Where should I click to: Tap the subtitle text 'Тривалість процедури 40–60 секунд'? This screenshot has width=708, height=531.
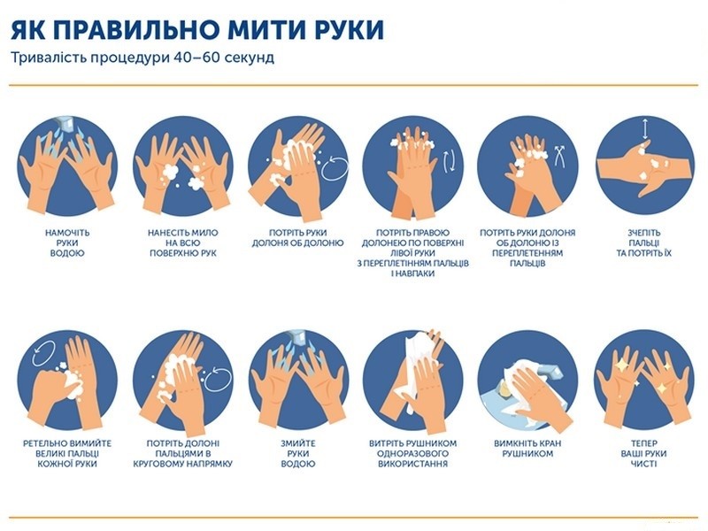(142, 58)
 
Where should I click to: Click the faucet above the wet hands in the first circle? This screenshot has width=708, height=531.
(65, 123)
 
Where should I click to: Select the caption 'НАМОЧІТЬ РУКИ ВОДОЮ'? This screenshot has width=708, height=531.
(67, 242)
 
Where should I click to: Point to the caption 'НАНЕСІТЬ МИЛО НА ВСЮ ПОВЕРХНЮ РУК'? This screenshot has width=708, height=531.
(183, 242)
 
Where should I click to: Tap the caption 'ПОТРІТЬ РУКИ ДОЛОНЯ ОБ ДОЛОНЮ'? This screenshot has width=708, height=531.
(298, 238)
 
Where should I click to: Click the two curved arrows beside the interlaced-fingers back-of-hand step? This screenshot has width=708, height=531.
(450, 161)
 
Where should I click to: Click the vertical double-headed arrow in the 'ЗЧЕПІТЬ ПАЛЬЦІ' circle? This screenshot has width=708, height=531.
(645, 128)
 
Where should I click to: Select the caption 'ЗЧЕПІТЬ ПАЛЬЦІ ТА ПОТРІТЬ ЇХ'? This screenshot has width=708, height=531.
(644, 242)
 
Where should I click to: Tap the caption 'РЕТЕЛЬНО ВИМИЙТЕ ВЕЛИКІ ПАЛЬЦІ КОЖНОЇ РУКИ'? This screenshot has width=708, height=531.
(67, 453)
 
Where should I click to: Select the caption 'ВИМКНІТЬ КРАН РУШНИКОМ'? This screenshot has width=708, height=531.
(527, 449)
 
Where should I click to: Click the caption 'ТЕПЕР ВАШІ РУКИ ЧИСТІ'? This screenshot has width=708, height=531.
(644, 453)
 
